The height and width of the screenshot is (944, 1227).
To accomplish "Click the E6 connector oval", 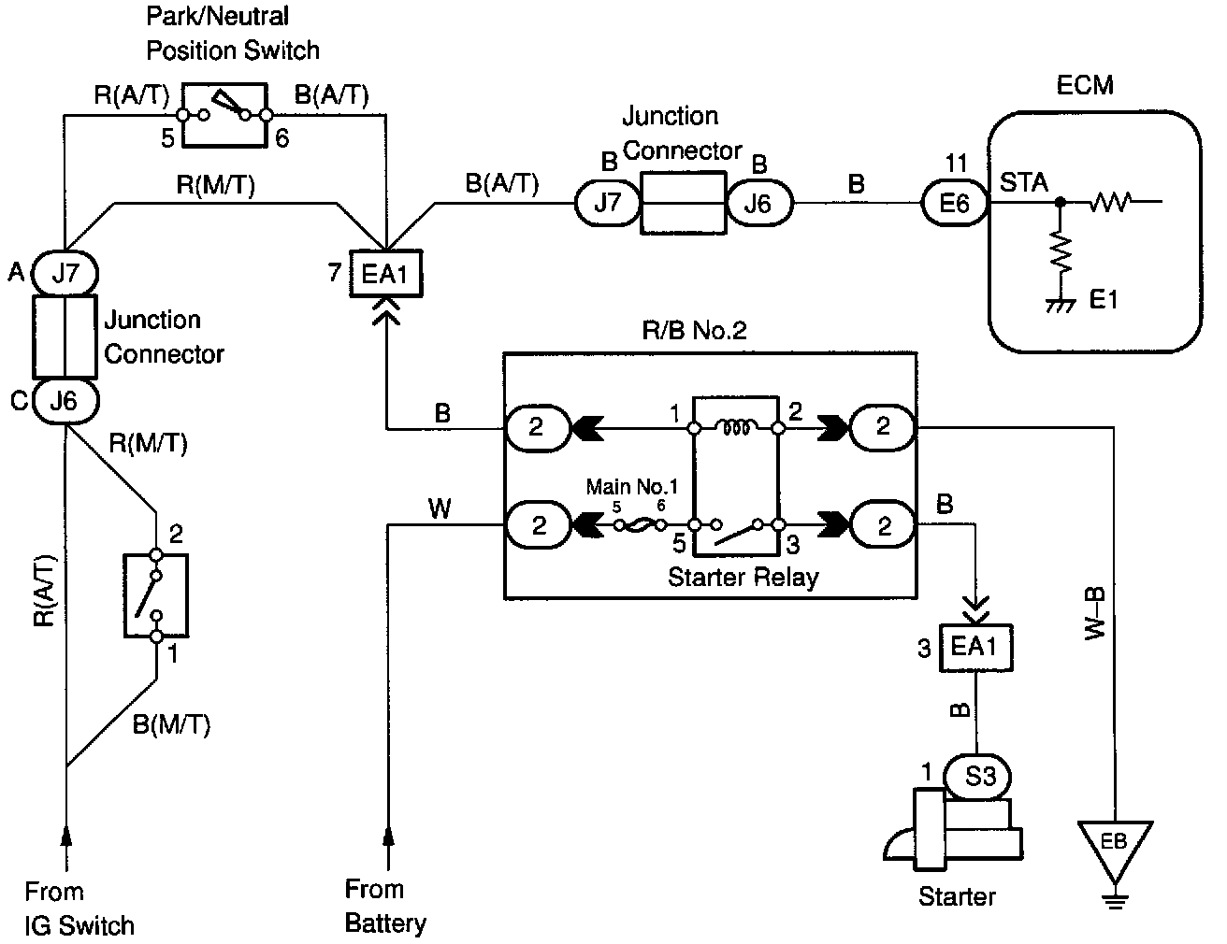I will click(x=954, y=202).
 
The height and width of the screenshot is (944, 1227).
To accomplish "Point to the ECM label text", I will click(x=1085, y=85).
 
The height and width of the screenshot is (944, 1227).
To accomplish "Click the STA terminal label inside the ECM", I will click(x=1024, y=182).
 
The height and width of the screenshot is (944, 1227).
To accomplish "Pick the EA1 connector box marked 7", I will click(x=386, y=273).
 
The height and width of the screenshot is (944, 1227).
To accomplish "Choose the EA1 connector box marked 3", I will click(x=975, y=647).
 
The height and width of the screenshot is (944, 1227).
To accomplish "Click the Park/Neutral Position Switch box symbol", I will click(x=225, y=114).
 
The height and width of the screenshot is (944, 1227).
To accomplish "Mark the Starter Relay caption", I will click(x=743, y=577).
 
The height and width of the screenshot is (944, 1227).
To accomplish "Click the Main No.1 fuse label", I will click(x=631, y=486).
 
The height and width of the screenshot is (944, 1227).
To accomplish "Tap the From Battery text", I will click(x=385, y=906).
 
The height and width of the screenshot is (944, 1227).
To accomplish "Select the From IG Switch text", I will click(x=79, y=908).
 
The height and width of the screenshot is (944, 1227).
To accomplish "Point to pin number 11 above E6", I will click(x=955, y=163).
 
